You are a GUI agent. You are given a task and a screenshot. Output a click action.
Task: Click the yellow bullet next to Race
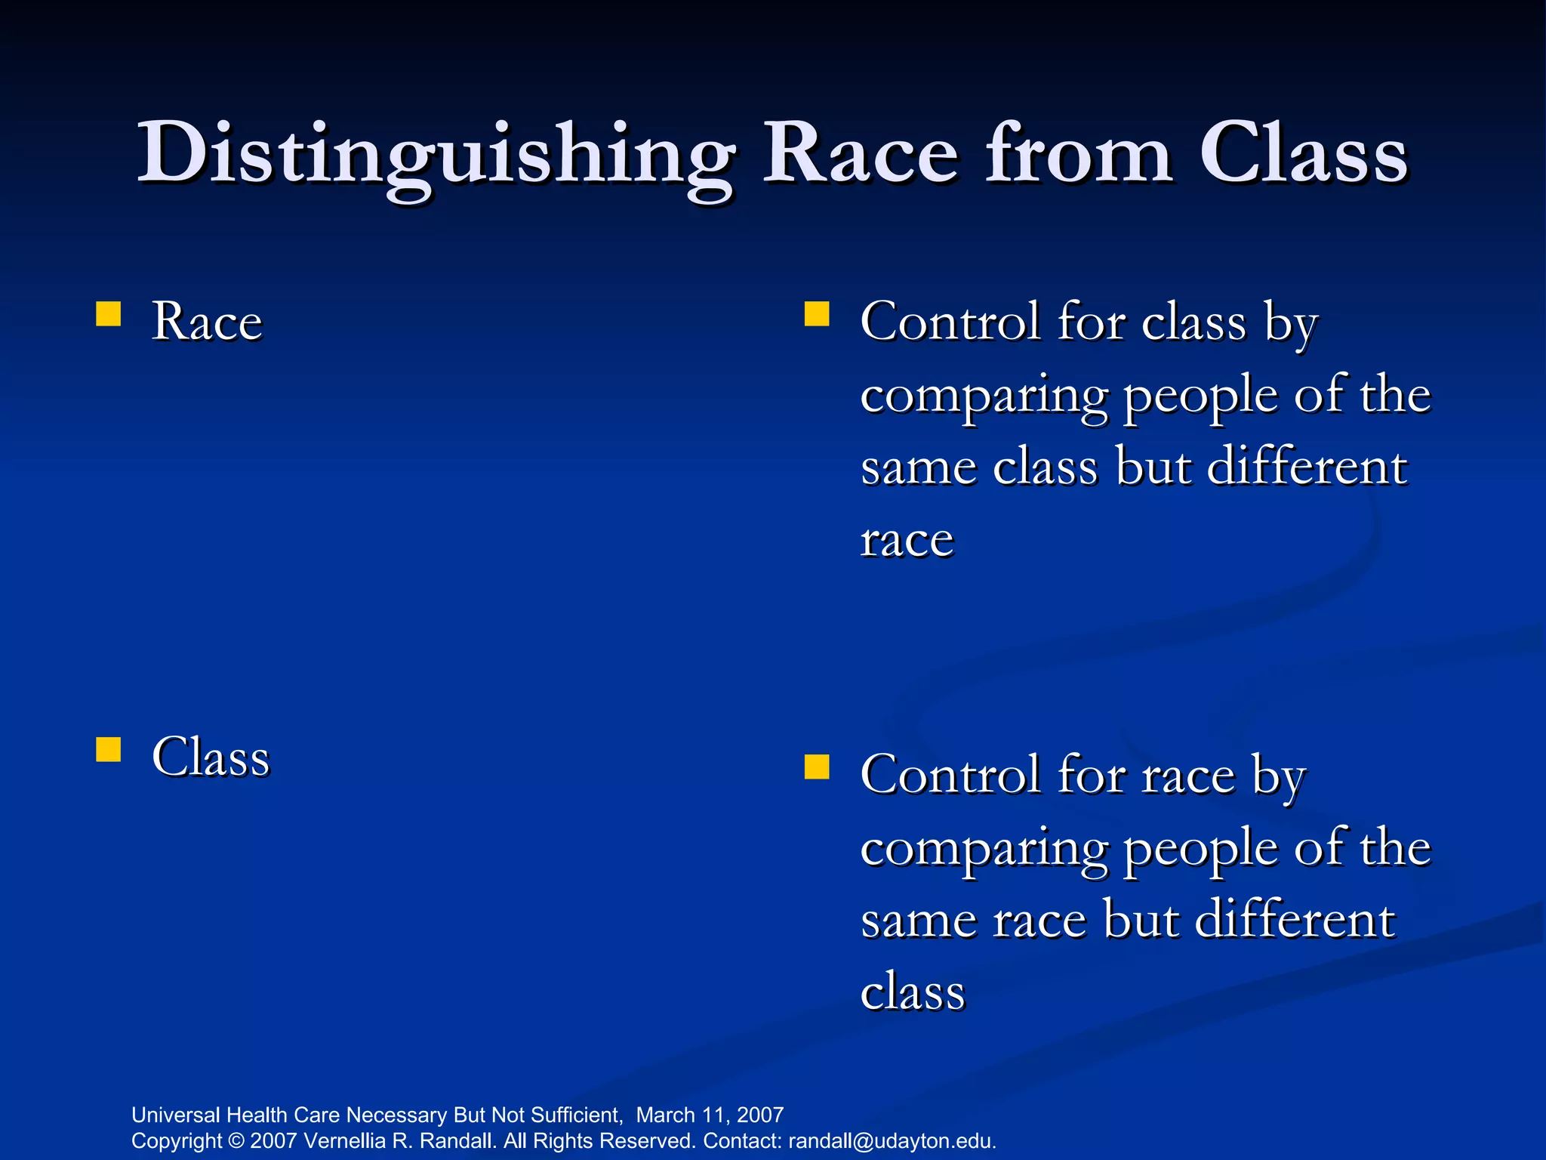109,314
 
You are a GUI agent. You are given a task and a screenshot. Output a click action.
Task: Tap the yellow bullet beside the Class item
109,750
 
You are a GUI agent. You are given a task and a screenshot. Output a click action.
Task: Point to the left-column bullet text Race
207,322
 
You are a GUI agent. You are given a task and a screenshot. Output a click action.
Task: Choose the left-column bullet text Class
211,757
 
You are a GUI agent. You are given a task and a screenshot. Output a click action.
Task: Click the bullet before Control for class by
817,314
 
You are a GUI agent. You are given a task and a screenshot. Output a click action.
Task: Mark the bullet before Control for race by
817,767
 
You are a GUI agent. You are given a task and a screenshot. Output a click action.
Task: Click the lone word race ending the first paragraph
907,541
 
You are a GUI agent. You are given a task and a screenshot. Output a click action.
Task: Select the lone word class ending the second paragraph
913,992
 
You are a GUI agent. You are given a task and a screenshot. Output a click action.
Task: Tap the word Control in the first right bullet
950,322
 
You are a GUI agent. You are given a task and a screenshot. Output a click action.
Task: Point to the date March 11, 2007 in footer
710,1115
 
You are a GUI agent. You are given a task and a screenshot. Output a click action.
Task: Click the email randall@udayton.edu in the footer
892,1141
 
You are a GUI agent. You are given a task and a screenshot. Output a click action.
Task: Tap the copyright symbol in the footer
236,1141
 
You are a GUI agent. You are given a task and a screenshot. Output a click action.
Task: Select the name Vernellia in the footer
344,1141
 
